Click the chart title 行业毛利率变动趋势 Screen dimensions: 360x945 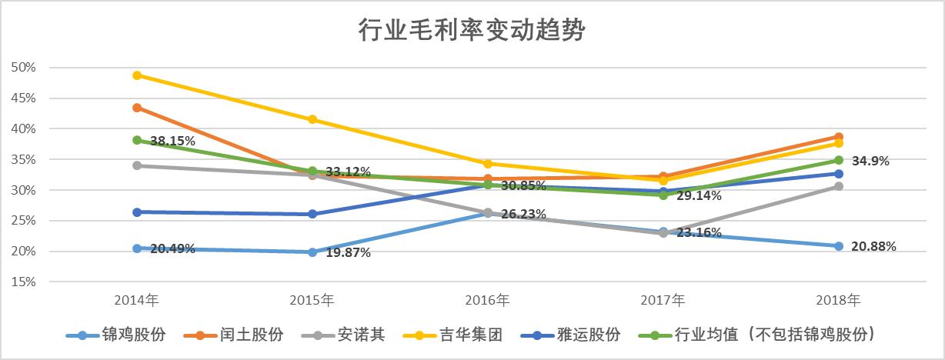[x=472, y=31]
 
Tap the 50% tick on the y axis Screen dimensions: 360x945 [x=24, y=68]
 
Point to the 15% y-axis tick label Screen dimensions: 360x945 [x=24, y=282]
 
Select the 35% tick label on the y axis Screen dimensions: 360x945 [x=24, y=160]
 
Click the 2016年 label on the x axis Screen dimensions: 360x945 [x=488, y=299]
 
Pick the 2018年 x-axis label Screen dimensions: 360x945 [x=839, y=299]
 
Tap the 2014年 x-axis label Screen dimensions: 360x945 [x=137, y=299]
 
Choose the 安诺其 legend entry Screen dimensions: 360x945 [x=349, y=335]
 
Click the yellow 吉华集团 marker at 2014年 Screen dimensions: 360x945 [x=137, y=75]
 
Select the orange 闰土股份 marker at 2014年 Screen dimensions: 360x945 [x=137, y=108]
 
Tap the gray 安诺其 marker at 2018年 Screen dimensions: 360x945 [x=839, y=186]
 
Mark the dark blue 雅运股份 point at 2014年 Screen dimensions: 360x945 [x=137, y=212]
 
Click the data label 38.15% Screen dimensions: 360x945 [x=172, y=142]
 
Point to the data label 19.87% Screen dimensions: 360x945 [x=348, y=253]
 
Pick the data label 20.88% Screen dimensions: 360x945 [x=873, y=247]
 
